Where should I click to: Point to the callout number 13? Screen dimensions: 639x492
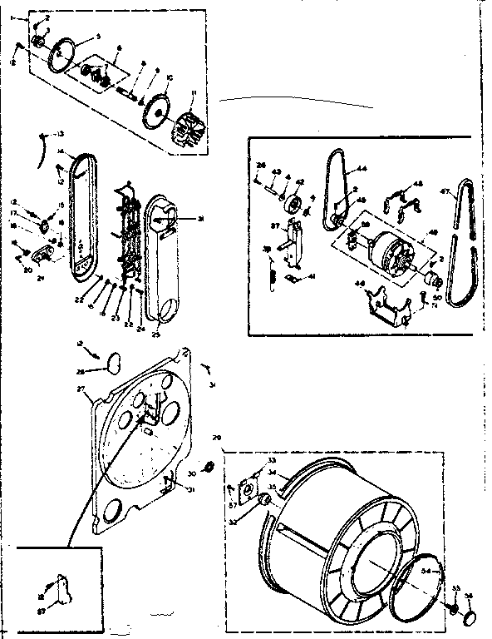click(60, 134)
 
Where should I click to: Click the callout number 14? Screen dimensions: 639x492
click(61, 151)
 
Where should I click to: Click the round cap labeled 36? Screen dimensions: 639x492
click(468, 618)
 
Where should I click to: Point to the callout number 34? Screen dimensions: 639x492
click(427, 572)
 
